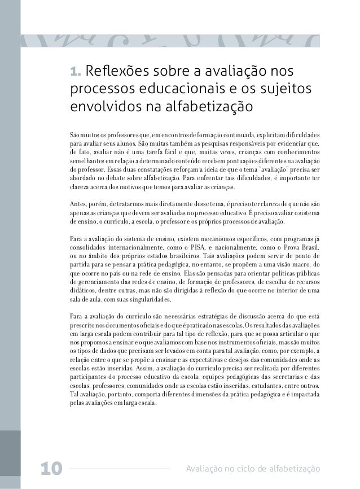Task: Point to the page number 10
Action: (50, 468)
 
